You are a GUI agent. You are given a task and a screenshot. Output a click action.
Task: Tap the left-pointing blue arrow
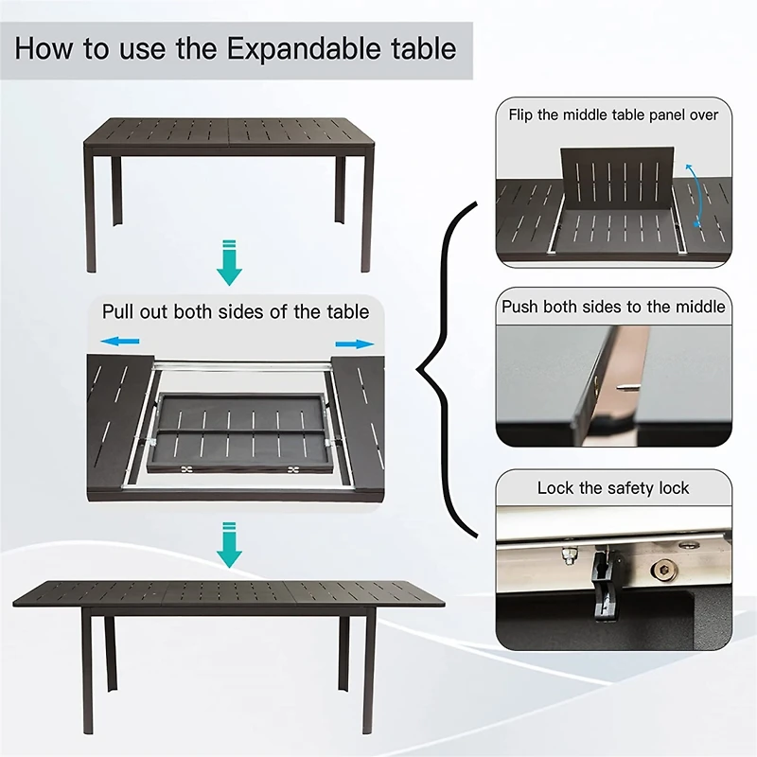click(121, 342)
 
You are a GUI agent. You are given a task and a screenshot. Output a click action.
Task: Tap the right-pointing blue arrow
click(354, 343)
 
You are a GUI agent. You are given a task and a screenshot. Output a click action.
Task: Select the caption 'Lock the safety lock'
click(613, 488)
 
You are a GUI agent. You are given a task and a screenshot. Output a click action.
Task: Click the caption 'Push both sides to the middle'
click(613, 307)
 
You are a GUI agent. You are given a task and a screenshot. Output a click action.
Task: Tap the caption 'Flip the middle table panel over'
click(613, 114)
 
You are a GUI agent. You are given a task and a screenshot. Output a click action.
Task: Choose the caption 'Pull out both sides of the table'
click(236, 311)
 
